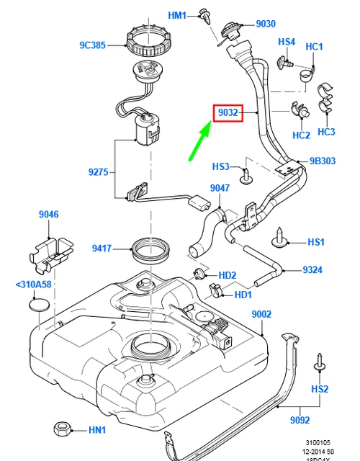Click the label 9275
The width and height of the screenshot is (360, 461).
[x=99, y=171]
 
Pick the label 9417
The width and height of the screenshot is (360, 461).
[x=102, y=249]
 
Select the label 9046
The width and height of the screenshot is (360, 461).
[x=49, y=214]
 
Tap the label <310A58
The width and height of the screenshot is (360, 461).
[x=32, y=284]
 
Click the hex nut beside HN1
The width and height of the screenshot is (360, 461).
[x=62, y=429]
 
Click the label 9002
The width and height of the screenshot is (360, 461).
[x=261, y=314]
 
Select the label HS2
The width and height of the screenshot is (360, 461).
[x=320, y=389]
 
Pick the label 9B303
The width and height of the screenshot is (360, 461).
[x=323, y=161]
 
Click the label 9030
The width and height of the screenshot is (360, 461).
[x=266, y=24]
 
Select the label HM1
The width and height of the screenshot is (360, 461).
[x=177, y=15]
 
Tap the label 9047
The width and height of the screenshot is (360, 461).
[x=220, y=189]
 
